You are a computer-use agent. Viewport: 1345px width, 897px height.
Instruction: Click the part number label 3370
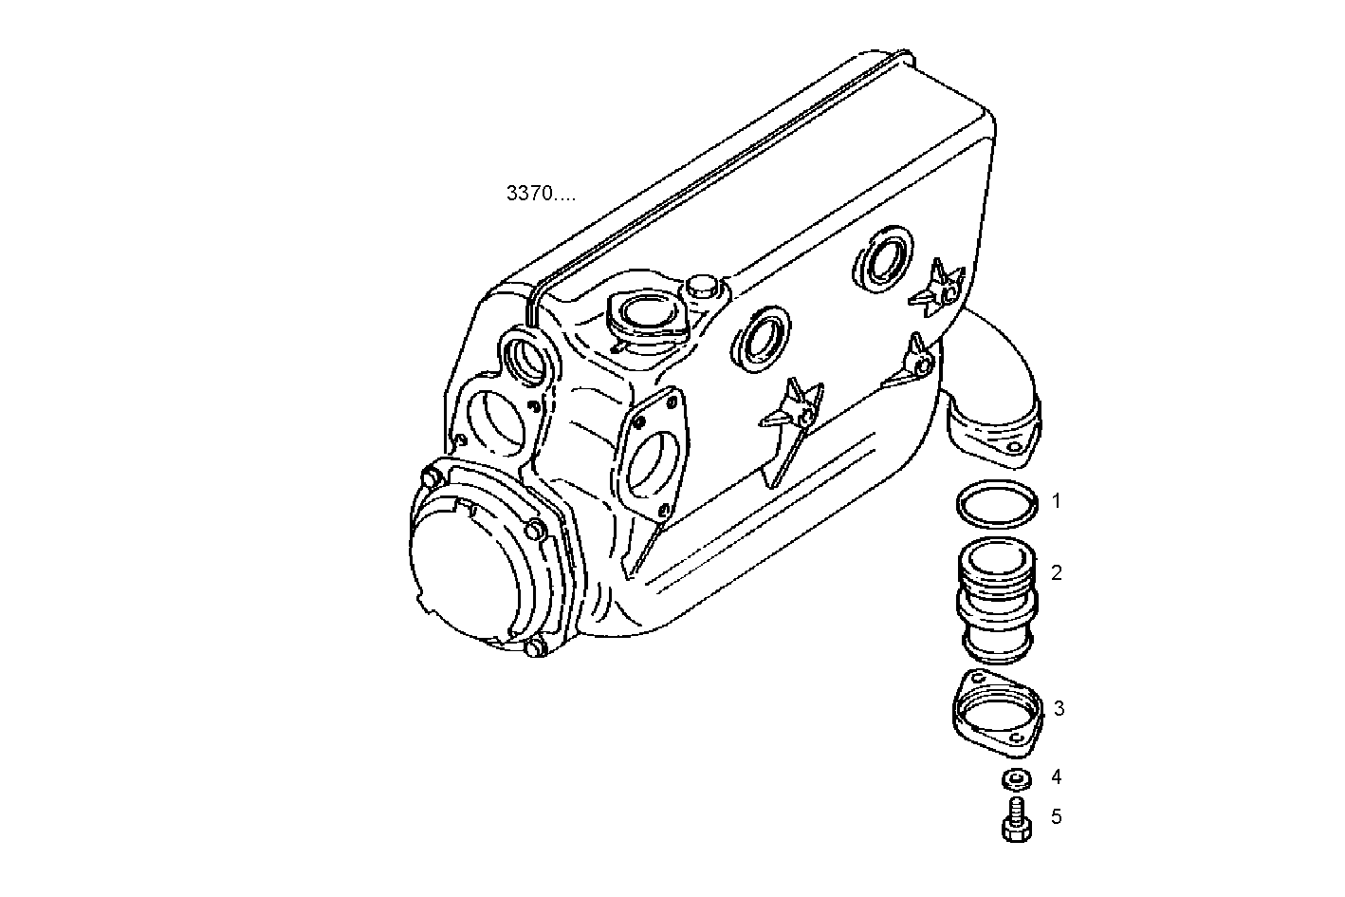540,195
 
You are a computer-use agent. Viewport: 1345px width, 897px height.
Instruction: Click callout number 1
1057,501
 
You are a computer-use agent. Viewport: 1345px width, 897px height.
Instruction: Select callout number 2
1057,572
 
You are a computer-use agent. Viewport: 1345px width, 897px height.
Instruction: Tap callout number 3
1059,708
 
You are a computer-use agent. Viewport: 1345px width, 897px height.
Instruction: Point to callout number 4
1056,776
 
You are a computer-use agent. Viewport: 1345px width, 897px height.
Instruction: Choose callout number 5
1056,816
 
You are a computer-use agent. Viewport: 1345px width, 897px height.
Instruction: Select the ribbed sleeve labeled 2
997,598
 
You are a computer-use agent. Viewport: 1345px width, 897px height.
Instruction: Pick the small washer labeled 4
1016,780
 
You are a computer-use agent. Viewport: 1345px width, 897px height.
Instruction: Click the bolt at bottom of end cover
534,648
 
